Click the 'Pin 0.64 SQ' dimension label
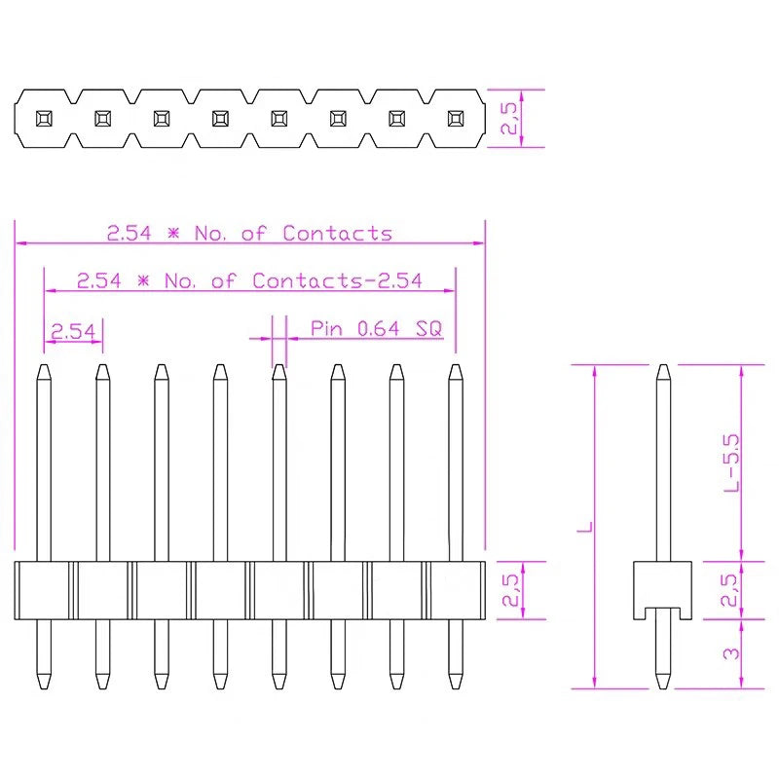pyautogui.click(x=376, y=329)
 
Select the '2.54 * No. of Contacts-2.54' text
pyautogui.click(x=249, y=281)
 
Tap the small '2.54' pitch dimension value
pyautogui.click(x=73, y=332)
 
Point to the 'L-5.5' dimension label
pyautogui.click(x=733, y=462)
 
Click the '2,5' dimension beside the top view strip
pyautogui.click(x=508, y=119)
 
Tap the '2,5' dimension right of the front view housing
pyautogui.click(x=508, y=590)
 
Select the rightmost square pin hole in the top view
pyautogui.click(x=455, y=119)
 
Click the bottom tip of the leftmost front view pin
pyautogui.click(x=44, y=684)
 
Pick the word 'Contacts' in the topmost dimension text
pyautogui.click(x=337, y=234)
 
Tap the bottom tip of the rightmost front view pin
pyautogui.click(x=455, y=684)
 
